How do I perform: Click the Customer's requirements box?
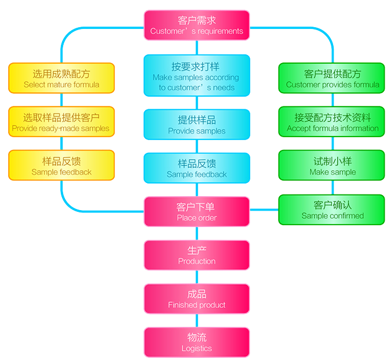click(196, 25)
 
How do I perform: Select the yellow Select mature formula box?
click(61, 78)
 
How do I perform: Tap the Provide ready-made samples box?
click(61, 122)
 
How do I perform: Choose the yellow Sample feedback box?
click(61, 165)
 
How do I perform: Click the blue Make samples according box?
click(196, 75)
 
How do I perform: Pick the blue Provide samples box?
click(196, 124)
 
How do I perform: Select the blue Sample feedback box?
click(196, 168)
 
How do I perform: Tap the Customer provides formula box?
click(332, 78)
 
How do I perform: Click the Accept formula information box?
click(332, 122)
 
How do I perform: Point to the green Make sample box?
click(332, 165)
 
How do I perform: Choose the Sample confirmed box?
click(332, 209)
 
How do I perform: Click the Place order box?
click(196, 211)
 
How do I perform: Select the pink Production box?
click(196, 255)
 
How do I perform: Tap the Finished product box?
click(196, 298)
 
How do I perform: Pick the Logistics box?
click(196, 342)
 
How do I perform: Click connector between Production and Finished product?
click(196, 277)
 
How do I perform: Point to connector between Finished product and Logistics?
click(196, 320)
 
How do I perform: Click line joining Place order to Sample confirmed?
click(264, 209)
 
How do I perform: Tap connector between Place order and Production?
click(196, 233)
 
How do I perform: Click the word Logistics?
click(196, 348)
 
